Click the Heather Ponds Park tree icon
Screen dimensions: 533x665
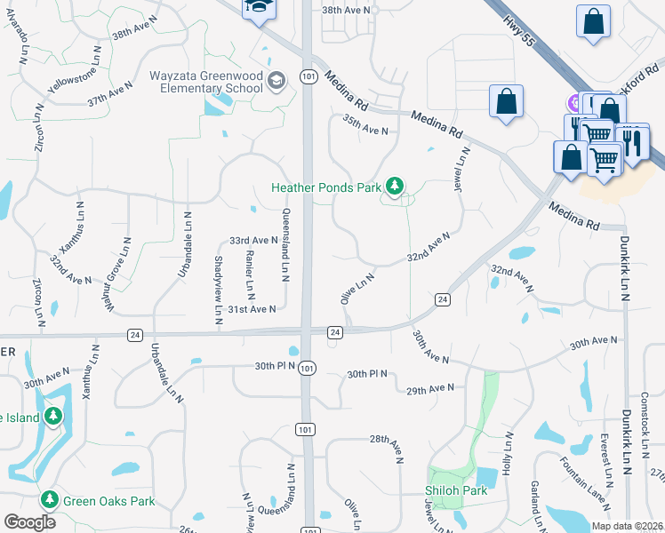(395, 187)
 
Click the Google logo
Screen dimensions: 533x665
(29, 522)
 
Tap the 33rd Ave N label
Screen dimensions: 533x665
(254, 241)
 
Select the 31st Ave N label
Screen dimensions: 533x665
(252, 309)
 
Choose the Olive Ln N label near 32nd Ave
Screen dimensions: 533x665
(357, 289)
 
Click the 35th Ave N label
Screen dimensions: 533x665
(366, 131)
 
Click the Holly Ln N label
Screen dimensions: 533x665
(509, 453)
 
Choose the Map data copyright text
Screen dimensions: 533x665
(626, 526)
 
